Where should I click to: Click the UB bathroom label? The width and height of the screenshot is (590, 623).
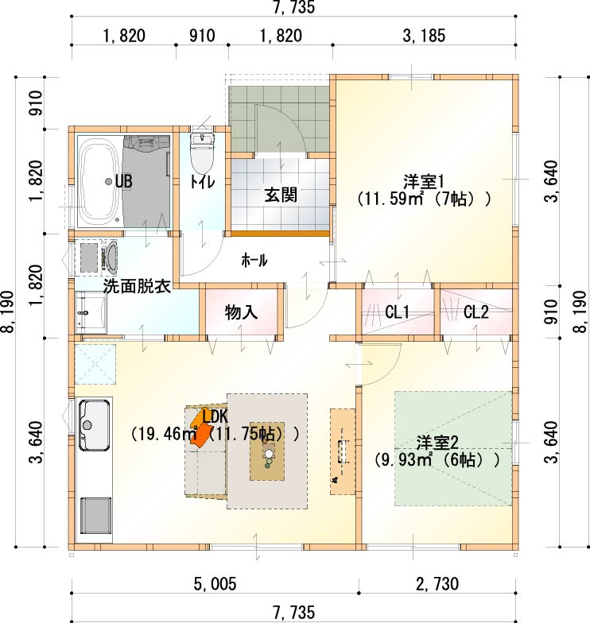point(124,181)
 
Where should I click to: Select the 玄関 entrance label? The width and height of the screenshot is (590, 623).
point(281,195)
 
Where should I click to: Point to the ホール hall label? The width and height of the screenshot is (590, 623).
point(254,261)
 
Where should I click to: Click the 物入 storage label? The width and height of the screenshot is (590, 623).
point(241,312)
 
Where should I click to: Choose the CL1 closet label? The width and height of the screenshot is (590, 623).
point(397,312)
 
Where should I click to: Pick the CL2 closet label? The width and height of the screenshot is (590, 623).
point(475,312)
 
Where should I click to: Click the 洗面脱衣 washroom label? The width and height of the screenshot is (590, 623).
point(137,286)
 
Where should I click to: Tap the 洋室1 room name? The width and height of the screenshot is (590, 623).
point(424,182)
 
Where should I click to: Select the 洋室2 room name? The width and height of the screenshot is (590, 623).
point(437,443)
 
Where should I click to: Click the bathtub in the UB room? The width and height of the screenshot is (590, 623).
point(99,181)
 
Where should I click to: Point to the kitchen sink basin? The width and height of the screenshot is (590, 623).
point(94,425)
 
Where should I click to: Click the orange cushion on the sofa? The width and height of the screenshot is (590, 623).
point(202,428)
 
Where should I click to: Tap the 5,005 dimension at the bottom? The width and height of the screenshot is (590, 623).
point(215,583)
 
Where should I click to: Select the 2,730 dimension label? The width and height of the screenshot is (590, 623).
point(437,583)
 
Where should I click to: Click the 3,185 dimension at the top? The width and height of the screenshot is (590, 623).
point(424,36)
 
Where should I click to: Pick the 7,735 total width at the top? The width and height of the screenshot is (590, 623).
point(294,6)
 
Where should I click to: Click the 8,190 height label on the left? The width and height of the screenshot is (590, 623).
point(8,311)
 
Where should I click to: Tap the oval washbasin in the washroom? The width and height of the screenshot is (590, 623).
point(111,258)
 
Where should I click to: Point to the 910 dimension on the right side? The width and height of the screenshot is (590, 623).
point(551,311)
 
